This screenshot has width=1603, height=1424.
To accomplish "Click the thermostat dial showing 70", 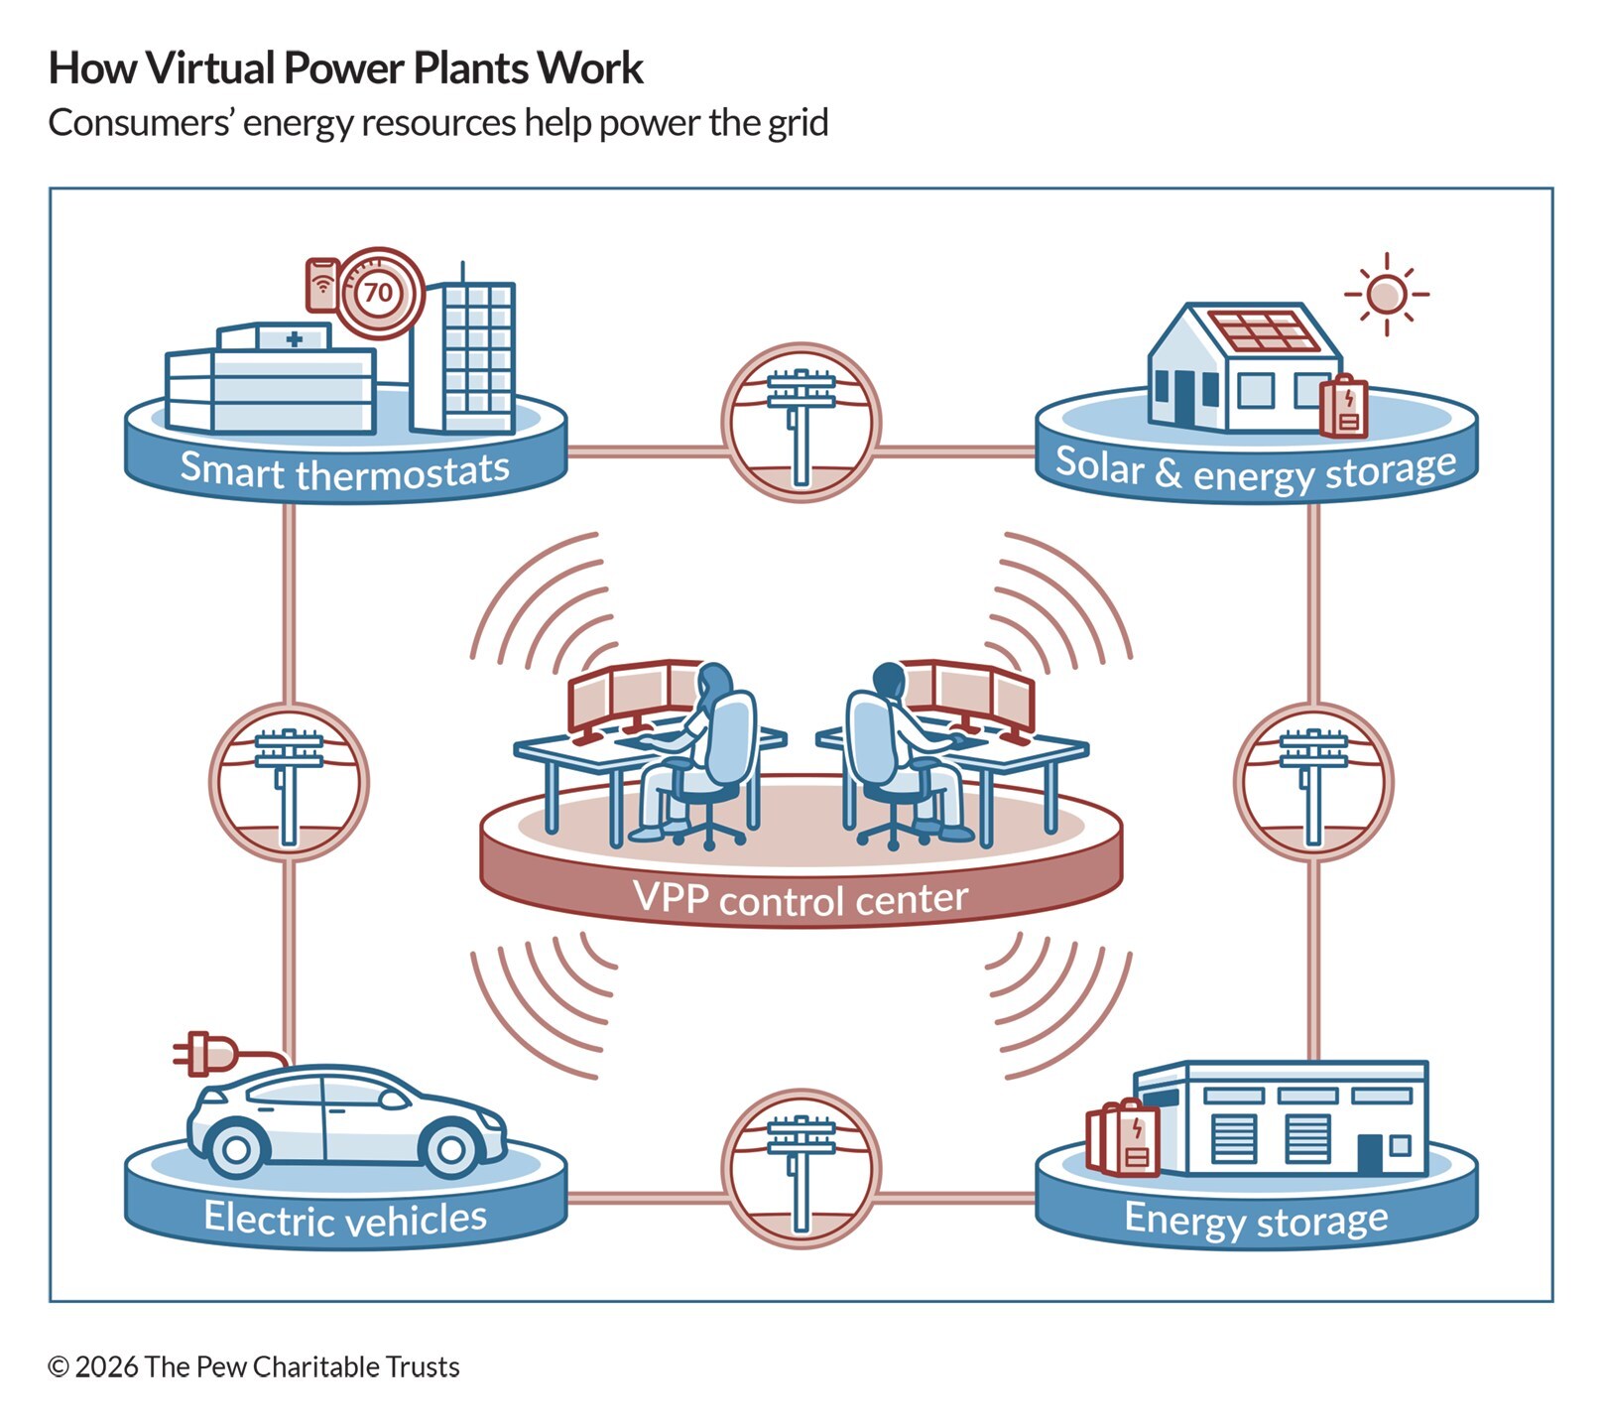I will pyautogui.click(x=377, y=293).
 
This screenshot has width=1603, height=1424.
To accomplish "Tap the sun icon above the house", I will pyautogui.click(x=1386, y=294).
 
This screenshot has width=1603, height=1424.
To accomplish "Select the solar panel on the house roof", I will pyautogui.click(x=1264, y=331).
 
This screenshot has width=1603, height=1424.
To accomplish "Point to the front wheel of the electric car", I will pyautogui.click(x=450, y=1149).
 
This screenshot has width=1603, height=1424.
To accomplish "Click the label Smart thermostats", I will pyautogui.click(x=344, y=470).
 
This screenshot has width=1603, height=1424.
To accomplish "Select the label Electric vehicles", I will pyautogui.click(x=344, y=1218).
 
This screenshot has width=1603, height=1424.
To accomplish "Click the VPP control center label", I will pyautogui.click(x=800, y=899).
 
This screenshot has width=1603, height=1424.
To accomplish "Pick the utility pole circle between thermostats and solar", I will pyautogui.click(x=801, y=423).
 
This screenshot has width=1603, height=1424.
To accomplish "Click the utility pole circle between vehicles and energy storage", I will pyautogui.click(x=801, y=1168).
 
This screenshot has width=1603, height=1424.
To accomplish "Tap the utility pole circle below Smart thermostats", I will pyautogui.click(x=289, y=781).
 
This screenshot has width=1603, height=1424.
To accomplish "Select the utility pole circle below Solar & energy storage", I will pyautogui.click(x=1313, y=781).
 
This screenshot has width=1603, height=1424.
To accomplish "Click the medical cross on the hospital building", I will pyautogui.click(x=294, y=339).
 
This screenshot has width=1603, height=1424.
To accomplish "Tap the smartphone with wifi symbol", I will pyautogui.click(x=321, y=285).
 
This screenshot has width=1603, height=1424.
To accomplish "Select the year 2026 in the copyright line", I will pyautogui.click(x=106, y=1366).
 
